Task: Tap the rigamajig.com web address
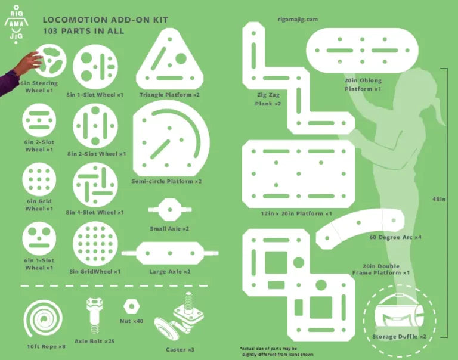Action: (x=298, y=20)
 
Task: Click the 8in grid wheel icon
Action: (x=95, y=244)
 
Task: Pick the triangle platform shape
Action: (x=170, y=59)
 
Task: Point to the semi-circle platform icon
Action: (x=171, y=138)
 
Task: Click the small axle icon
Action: (x=170, y=209)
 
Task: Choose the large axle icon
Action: (x=170, y=253)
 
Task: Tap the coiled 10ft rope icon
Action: (x=43, y=319)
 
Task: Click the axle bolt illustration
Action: (x=94, y=316)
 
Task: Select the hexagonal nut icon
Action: (x=131, y=306)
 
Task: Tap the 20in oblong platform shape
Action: (x=362, y=50)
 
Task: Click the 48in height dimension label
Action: (x=439, y=199)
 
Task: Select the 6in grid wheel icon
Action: (x=39, y=179)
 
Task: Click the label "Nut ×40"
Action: (x=131, y=321)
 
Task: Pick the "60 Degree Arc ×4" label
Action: (x=395, y=237)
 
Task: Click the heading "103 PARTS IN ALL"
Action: (x=83, y=31)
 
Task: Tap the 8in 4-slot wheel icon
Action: (x=95, y=185)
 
